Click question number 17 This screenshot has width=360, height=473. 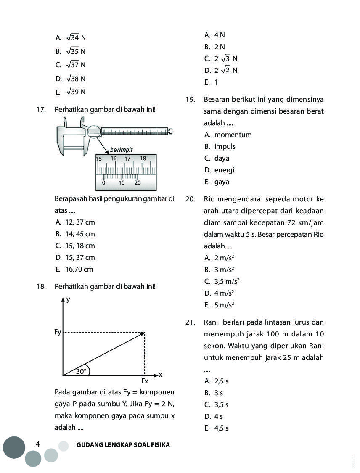(41, 110)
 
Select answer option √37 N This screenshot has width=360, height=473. (72, 65)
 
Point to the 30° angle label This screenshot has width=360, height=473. (81, 371)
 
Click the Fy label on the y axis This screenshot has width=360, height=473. (58, 332)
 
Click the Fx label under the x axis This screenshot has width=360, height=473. (145, 381)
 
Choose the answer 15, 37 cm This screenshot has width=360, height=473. (74, 257)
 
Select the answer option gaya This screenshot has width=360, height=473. (222, 182)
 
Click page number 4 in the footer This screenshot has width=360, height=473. (38, 444)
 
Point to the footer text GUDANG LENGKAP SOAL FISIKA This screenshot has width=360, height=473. (123, 444)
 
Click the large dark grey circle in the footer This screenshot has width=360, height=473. (14, 447)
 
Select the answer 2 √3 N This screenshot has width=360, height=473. (225, 58)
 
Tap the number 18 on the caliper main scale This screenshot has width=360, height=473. (143, 159)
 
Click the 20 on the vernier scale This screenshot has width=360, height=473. (138, 183)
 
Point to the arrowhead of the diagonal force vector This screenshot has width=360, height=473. (143, 333)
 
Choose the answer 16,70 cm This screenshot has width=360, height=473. (74, 269)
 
